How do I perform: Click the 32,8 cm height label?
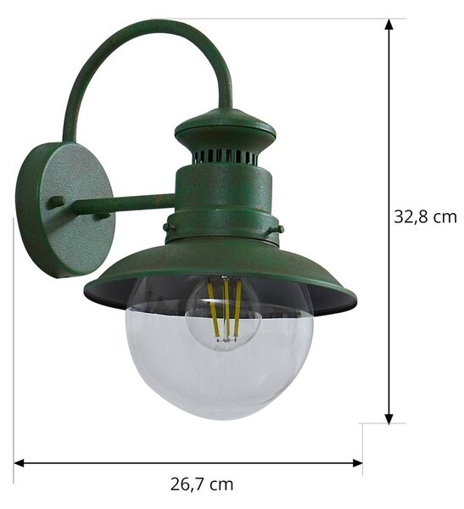pos(425,216)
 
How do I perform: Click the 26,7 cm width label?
pos(202,484)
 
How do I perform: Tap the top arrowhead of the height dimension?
pos(389,25)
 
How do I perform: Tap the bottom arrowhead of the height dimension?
pos(389,419)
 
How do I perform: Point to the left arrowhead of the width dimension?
pos(20,463)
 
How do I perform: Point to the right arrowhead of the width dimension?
pos(357,463)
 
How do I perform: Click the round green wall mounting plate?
pos(65,210)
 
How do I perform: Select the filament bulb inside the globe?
pos(224,314)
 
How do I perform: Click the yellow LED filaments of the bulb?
pos(225,309)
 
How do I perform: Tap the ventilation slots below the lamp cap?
pos(225,156)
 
